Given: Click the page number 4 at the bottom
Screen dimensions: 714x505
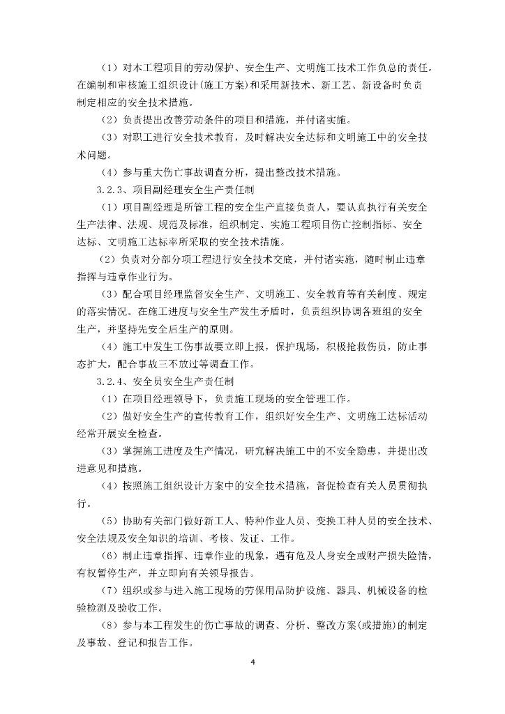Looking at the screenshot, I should point(253,660).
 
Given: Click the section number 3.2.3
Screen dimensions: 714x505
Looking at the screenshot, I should point(112,190).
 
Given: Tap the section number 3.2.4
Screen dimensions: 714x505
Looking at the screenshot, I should point(112,382).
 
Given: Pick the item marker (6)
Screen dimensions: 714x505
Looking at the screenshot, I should point(111,556).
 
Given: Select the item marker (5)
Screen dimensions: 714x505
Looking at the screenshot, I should point(111,521).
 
